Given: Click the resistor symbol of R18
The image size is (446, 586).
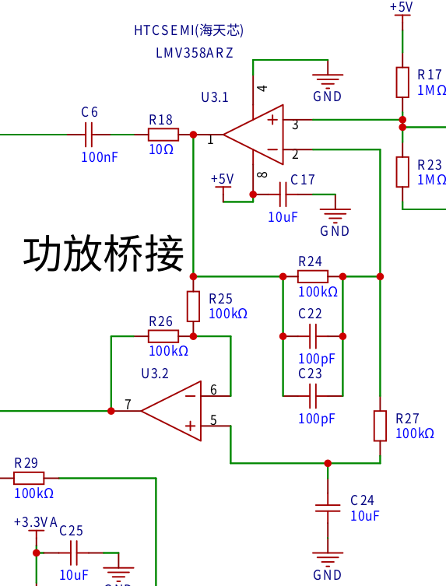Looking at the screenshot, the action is [x=163, y=135].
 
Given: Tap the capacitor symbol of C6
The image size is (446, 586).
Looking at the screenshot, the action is [x=89, y=135].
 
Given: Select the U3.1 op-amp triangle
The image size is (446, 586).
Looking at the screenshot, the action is [x=254, y=135].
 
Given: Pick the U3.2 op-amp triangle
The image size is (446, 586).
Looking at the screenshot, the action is [x=171, y=411].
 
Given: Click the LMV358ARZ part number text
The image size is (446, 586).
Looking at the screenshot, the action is [x=195, y=53].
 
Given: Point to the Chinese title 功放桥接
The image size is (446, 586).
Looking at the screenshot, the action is [x=104, y=254].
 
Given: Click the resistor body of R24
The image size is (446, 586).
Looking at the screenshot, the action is [x=313, y=276].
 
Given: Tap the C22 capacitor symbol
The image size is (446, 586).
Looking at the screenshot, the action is [x=313, y=336].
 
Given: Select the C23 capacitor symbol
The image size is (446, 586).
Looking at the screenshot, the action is [x=313, y=396].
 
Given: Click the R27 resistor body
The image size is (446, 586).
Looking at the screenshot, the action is [x=380, y=426].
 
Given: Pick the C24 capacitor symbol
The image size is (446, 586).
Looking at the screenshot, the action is [x=328, y=508].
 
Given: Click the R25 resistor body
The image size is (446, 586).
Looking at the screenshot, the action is [x=193, y=307].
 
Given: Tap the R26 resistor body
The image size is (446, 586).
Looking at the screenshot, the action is [x=163, y=336].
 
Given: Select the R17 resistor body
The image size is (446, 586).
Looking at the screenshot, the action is [x=402, y=82].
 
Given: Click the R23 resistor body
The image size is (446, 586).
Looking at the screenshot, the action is [x=402, y=172].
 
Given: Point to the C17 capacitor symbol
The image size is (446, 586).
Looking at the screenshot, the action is [x=283, y=195].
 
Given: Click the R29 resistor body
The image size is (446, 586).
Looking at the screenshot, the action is [x=29, y=479].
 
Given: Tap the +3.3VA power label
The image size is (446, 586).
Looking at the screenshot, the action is [x=36, y=522].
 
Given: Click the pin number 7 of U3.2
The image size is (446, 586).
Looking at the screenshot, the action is [x=128, y=405].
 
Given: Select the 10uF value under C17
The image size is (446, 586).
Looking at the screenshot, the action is [x=283, y=217].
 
